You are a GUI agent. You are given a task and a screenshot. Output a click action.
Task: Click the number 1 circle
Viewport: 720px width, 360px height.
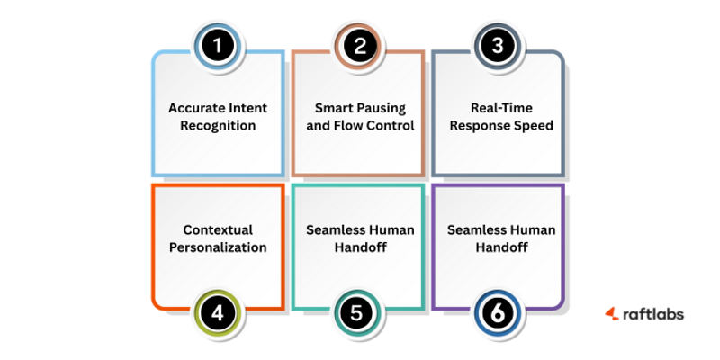217,46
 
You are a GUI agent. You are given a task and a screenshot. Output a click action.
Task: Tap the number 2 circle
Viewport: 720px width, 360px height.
359,46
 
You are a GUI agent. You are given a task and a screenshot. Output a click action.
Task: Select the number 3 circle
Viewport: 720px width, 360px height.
499,46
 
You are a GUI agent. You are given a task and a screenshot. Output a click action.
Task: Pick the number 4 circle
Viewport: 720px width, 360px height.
218,314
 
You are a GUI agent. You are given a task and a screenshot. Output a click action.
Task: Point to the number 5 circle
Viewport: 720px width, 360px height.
357,314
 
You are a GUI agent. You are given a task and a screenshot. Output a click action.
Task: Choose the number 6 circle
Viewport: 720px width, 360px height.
499,314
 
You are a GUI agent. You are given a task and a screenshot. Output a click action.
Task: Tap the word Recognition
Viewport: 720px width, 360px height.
217,125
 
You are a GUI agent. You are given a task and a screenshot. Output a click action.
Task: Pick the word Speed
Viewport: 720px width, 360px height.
533,125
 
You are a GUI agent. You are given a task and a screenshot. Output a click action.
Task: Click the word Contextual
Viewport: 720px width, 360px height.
217,229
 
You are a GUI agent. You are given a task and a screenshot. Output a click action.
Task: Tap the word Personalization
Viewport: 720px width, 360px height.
217,247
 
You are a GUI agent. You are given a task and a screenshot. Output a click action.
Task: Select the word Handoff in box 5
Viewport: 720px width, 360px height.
359,247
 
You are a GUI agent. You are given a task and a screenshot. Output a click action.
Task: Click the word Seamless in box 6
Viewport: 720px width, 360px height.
477,229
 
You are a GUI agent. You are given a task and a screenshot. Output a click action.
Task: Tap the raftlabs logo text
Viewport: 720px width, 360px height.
652,313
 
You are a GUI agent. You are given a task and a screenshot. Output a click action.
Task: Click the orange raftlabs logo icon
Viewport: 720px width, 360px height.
611,313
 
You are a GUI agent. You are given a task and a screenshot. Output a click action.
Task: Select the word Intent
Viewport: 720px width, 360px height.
247,107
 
